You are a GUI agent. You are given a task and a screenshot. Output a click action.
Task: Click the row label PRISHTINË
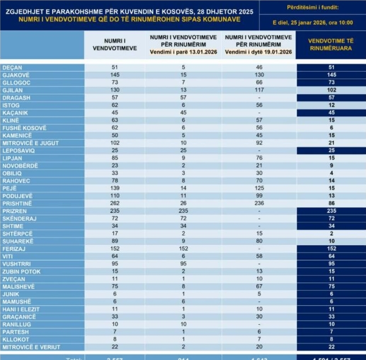coord(17,203)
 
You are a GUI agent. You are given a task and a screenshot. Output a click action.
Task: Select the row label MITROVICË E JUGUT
coord(31,143)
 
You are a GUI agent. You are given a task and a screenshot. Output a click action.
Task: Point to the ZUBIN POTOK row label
coord(21,271)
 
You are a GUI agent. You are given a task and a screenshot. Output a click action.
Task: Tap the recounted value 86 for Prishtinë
coord(331,203)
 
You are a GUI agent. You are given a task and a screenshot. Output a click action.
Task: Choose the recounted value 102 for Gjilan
coord(331,90)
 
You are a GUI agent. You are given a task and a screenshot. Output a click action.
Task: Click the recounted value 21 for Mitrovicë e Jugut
coord(331,143)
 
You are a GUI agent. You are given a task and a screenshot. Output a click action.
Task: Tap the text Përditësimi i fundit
coord(313,7)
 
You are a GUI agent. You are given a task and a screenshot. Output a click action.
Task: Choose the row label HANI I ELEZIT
coord(21,309)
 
